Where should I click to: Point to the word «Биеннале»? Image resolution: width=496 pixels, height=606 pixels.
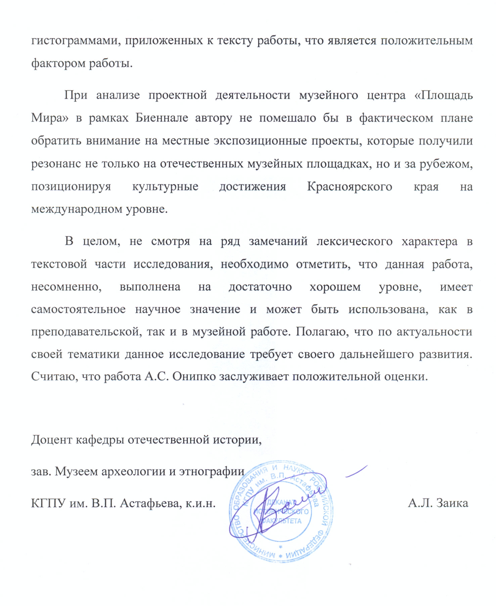[162, 118]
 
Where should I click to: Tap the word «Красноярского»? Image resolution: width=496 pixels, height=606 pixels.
[349, 186]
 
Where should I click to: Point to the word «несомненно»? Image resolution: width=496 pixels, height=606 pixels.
[66, 287]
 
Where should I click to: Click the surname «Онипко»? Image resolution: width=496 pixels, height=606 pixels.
[194, 377]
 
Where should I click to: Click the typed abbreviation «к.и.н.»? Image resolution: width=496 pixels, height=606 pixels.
[201, 503]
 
